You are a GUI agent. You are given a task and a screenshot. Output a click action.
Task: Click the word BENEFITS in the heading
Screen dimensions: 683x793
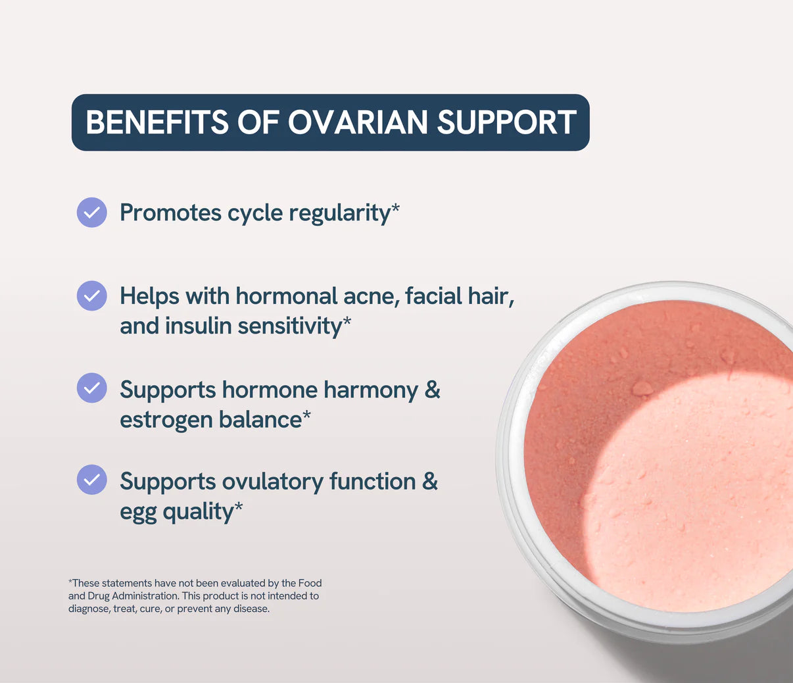[x=157, y=122]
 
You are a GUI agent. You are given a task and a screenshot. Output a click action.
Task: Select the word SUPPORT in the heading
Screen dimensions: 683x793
[x=506, y=122]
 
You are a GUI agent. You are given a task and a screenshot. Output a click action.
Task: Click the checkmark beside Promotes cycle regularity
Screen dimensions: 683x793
[x=92, y=213]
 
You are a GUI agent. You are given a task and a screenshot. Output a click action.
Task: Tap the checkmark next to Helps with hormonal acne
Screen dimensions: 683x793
[x=92, y=296]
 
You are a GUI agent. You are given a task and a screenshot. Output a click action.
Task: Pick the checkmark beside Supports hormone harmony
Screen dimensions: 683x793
[x=92, y=388]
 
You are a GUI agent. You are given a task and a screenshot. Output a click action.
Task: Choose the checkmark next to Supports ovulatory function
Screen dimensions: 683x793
[x=92, y=480]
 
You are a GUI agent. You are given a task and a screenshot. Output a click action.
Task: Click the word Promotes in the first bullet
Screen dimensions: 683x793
[x=170, y=213]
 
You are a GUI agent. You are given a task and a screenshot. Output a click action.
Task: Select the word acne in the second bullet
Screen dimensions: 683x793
[x=371, y=297]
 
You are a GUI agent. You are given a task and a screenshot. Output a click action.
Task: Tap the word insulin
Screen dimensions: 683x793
[x=198, y=326]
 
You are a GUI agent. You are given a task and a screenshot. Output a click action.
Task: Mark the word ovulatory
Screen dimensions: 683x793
[x=272, y=482]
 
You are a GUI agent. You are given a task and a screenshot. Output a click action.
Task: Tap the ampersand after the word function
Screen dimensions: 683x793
[x=429, y=482]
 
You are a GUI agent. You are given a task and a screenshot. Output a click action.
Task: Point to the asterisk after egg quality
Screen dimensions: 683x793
[x=239, y=507]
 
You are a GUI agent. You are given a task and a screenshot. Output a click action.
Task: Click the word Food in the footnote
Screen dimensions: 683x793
[x=310, y=583]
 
